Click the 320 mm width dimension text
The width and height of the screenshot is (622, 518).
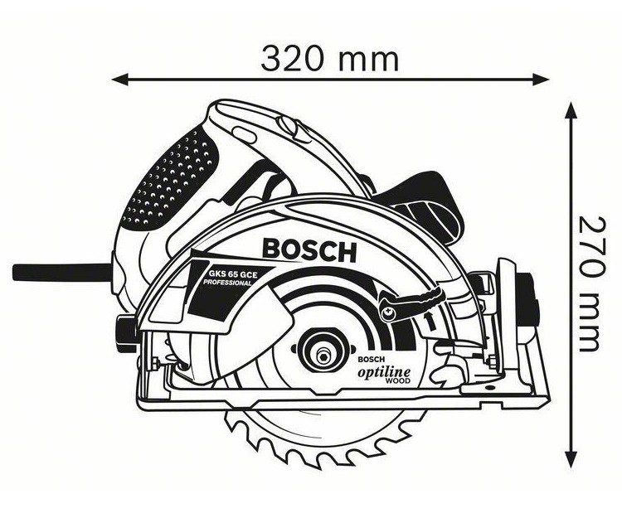[x=330, y=59]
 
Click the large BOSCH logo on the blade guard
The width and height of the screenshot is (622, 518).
[x=309, y=249]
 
